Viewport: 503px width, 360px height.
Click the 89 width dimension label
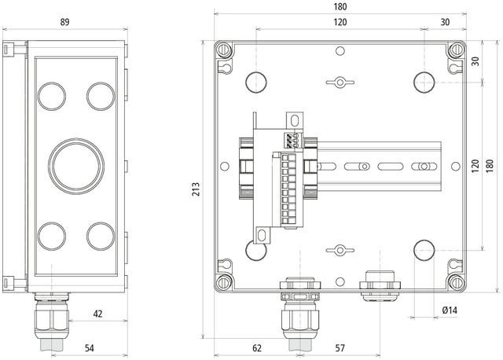click(64, 22)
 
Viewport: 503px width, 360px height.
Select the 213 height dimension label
click(196, 189)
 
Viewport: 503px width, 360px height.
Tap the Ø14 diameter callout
click(450, 310)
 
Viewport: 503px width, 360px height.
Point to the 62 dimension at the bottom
click(257, 347)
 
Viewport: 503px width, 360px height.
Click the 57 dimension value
click(340, 347)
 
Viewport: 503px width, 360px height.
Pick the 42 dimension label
click(97, 314)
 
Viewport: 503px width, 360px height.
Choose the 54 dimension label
click(89, 347)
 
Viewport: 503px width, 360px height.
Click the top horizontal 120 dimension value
click(340, 22)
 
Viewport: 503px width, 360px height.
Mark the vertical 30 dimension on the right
click(475, 61)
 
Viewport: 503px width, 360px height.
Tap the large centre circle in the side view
click(76, 166)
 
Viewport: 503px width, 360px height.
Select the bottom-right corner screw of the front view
click(457, 282)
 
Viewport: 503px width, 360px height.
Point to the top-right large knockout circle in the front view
click(424, 83)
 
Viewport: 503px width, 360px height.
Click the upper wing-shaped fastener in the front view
click(340, 82)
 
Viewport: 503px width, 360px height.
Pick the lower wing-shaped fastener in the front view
click(340, 250)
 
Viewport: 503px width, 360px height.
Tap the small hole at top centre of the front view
click(340, 50)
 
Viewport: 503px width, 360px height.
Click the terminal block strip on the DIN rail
click(288, 190)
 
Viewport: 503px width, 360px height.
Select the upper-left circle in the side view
click(51, 96)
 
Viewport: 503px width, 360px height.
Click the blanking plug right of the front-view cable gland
click(380, 286)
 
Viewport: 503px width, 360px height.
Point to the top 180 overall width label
click(340, 7)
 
